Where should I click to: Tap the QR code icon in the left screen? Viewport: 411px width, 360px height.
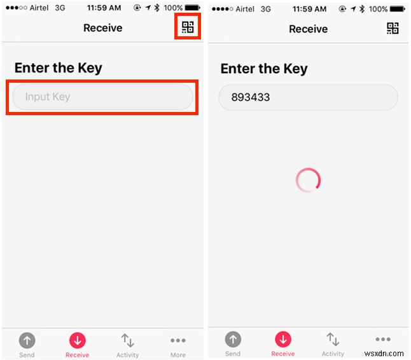188,27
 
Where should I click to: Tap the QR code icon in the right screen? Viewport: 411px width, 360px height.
393,28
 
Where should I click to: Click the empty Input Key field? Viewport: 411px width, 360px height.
102,97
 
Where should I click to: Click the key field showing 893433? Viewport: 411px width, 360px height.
308,98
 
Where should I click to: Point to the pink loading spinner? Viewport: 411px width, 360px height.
308,181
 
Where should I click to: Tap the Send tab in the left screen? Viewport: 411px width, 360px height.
27,344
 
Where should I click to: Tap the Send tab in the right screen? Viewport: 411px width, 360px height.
233,343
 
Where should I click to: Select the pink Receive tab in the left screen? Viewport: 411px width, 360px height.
77,344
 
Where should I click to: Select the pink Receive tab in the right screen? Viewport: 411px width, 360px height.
282,343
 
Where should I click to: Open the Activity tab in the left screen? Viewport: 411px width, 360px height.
127,344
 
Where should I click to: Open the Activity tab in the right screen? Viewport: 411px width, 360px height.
333,343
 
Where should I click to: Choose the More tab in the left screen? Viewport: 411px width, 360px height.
178,344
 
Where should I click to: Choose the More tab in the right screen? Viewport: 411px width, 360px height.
383,343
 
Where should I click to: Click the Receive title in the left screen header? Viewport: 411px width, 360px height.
103,28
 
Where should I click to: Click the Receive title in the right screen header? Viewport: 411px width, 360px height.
308,29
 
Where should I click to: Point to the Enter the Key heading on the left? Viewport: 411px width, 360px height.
58,68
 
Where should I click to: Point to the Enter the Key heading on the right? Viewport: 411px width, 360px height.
263,69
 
